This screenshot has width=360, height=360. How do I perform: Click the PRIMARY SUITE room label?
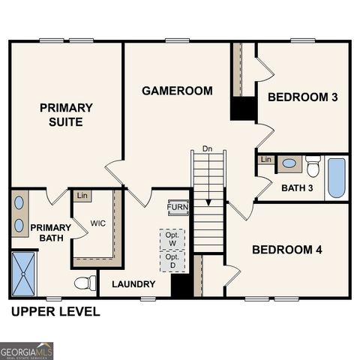point(66,115)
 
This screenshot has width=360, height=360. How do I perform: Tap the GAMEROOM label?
point(177,91)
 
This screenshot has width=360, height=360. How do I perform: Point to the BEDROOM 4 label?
point(286,250)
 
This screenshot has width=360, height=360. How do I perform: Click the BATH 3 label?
point(297,187)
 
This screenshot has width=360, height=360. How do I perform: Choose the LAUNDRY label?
point(133,284)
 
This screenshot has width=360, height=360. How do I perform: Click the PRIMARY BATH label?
point(49,233)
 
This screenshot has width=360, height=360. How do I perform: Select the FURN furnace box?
point(178,208)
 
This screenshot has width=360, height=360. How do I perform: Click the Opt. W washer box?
point(172,238)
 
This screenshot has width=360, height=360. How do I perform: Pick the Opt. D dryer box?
point(172,260)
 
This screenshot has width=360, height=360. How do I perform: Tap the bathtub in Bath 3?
point(337,177)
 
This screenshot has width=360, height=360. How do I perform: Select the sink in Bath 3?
point(289,163)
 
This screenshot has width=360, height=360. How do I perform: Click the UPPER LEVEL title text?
point(55,312)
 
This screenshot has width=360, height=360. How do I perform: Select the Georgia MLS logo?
point(27,350)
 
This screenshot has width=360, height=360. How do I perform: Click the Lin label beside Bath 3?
point(265,160)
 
